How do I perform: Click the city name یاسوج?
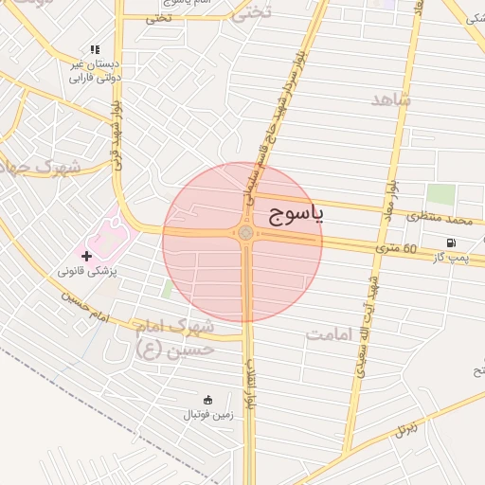[x=296, y=213]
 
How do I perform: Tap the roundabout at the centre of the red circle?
[x=245, y=233]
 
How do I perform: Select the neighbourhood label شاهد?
[x=390, y=99]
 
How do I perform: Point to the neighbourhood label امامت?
[x=330, y=334]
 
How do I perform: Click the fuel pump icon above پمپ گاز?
[x=462, y=242]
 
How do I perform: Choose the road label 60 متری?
[x=396, y=249]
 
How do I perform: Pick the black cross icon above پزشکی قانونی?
[x=86, y=256]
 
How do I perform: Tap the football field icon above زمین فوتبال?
[x=208, y=400]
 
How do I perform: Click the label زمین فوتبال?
[x=207, y=415]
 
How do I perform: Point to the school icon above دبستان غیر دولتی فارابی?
[x=94, y=49]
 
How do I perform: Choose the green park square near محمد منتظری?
[x=440, y=195]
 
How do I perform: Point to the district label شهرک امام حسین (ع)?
[x=176, y=338]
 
